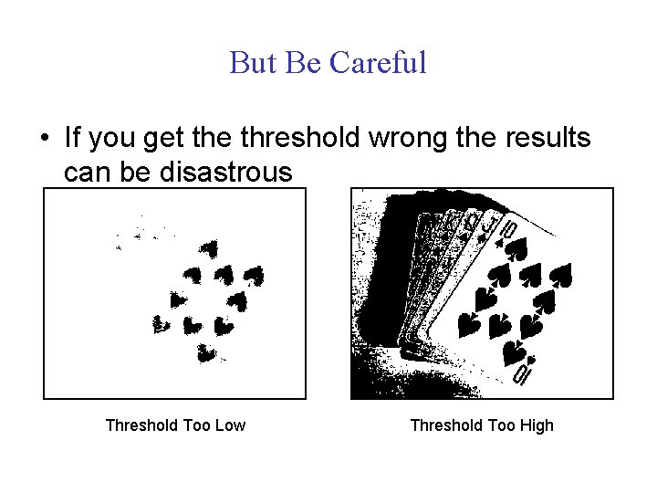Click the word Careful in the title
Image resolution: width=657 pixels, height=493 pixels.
coord(378,63)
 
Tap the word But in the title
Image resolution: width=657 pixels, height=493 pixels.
coord(252,63)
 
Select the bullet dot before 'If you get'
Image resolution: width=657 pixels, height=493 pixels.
coord(43,140)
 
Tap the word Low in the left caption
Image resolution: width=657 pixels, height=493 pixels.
coord(229,425)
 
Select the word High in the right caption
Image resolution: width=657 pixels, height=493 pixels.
coord(534,425)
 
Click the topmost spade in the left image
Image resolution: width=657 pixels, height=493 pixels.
coord(208,246)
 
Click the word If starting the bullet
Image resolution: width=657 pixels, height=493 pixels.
coord(74,139)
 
